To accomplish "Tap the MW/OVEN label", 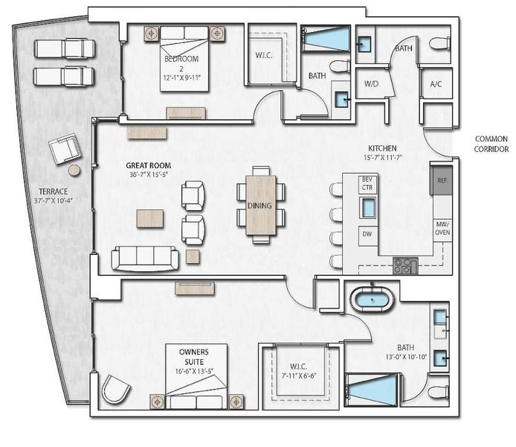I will click(x=442, y=229).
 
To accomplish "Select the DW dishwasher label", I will click(x=367, y=233).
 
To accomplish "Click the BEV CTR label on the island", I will click(x=367, y=183).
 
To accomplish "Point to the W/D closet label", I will click(x=371, y=84).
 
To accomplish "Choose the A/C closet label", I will click(x=436, y=84).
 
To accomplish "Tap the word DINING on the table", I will click(x=259, y=206).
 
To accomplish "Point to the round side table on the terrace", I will click(x=74, y=171).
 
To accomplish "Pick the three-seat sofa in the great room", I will click(x=144, y=259).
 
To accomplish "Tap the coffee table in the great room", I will click(x=150, y=218).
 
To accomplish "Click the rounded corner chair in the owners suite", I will click(x=115, y=389).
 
